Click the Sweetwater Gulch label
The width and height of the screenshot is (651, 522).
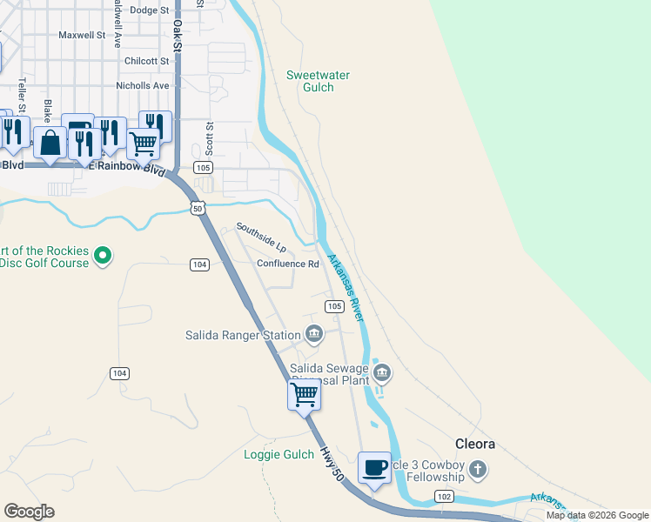(318, 81)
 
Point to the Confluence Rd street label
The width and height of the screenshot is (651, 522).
(288, 264)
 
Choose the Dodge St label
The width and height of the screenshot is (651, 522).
(149, 10)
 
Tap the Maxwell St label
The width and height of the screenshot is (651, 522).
(82, 36)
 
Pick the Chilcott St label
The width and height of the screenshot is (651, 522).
(146, 61)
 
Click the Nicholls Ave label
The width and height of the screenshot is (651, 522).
(143, 86)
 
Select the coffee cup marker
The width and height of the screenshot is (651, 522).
(375, 468)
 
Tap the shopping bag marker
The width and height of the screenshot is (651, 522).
(50, 143)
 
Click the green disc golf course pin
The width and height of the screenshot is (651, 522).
(104, 256)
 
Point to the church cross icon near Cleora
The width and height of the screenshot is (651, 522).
(477, 471)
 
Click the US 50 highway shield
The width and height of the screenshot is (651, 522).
(198, 207)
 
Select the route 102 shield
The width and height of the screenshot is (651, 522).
(444, 495)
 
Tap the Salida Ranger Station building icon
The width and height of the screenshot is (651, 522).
(314, 333)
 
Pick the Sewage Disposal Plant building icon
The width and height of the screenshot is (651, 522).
(382, 373)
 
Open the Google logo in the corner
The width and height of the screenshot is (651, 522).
(29, 512)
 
